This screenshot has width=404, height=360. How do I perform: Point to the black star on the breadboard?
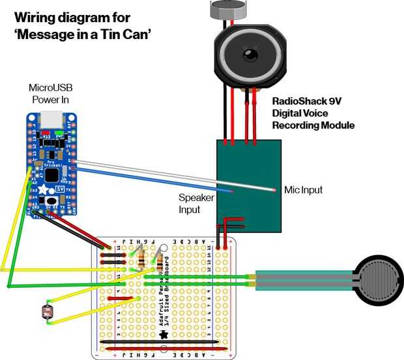click(x=164, y=334)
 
